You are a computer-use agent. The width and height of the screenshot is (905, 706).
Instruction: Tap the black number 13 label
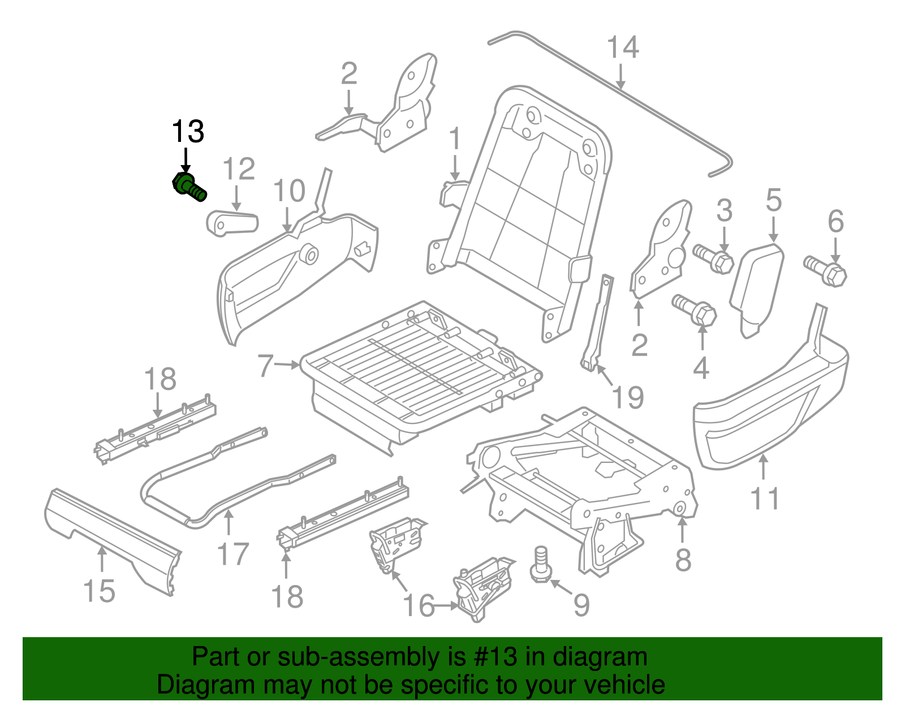click(x=188, y=132)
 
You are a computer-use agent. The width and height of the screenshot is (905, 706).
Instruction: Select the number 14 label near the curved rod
click(x=623, y=48)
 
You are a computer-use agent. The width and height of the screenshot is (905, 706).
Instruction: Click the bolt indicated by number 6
click(x=825, y=271)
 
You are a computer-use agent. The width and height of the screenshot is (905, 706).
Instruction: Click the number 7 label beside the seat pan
click(x=265, y=366)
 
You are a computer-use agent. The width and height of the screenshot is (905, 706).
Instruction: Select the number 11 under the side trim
click(x=765, y=499)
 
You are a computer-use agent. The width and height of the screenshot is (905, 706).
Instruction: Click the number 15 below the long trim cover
click(x=99, y=591)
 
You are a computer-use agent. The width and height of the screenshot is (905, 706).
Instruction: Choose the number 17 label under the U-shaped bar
click(x=233, y=554)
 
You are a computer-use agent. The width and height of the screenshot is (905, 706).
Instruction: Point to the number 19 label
click(x=628, y=397)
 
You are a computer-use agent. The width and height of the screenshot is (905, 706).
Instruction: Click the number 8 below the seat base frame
click(x=683, y=560)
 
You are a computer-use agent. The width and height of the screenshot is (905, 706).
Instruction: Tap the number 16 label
click(x=419, y=606)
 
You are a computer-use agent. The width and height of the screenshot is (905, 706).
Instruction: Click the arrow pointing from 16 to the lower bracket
click(x=447, y=606)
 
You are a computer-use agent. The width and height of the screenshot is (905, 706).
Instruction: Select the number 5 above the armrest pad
click(x=774, y=201)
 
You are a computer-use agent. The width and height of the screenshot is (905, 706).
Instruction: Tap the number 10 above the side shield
click(x=289, y=192)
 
